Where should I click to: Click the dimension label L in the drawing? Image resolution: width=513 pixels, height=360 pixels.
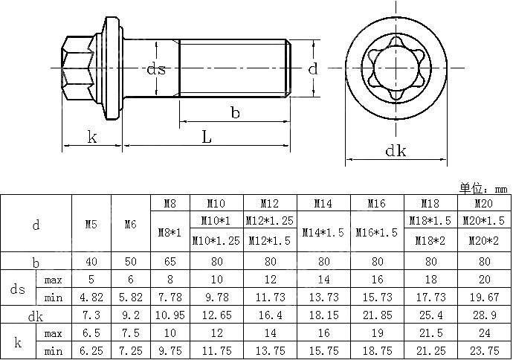[207, 137]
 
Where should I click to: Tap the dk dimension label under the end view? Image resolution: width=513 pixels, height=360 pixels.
[396, 151]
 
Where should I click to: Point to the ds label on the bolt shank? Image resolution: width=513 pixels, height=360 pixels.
[155, 69]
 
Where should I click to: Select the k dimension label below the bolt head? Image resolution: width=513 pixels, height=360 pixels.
[92, 137]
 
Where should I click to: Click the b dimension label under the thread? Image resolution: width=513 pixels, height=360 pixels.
[234, 113]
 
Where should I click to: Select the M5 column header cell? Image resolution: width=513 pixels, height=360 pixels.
[91, 224]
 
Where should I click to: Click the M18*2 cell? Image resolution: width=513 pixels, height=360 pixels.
[430, 241]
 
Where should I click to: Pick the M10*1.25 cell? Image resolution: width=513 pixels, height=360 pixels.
[216, 241]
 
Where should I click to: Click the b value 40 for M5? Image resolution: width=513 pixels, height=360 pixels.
[91, 262]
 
